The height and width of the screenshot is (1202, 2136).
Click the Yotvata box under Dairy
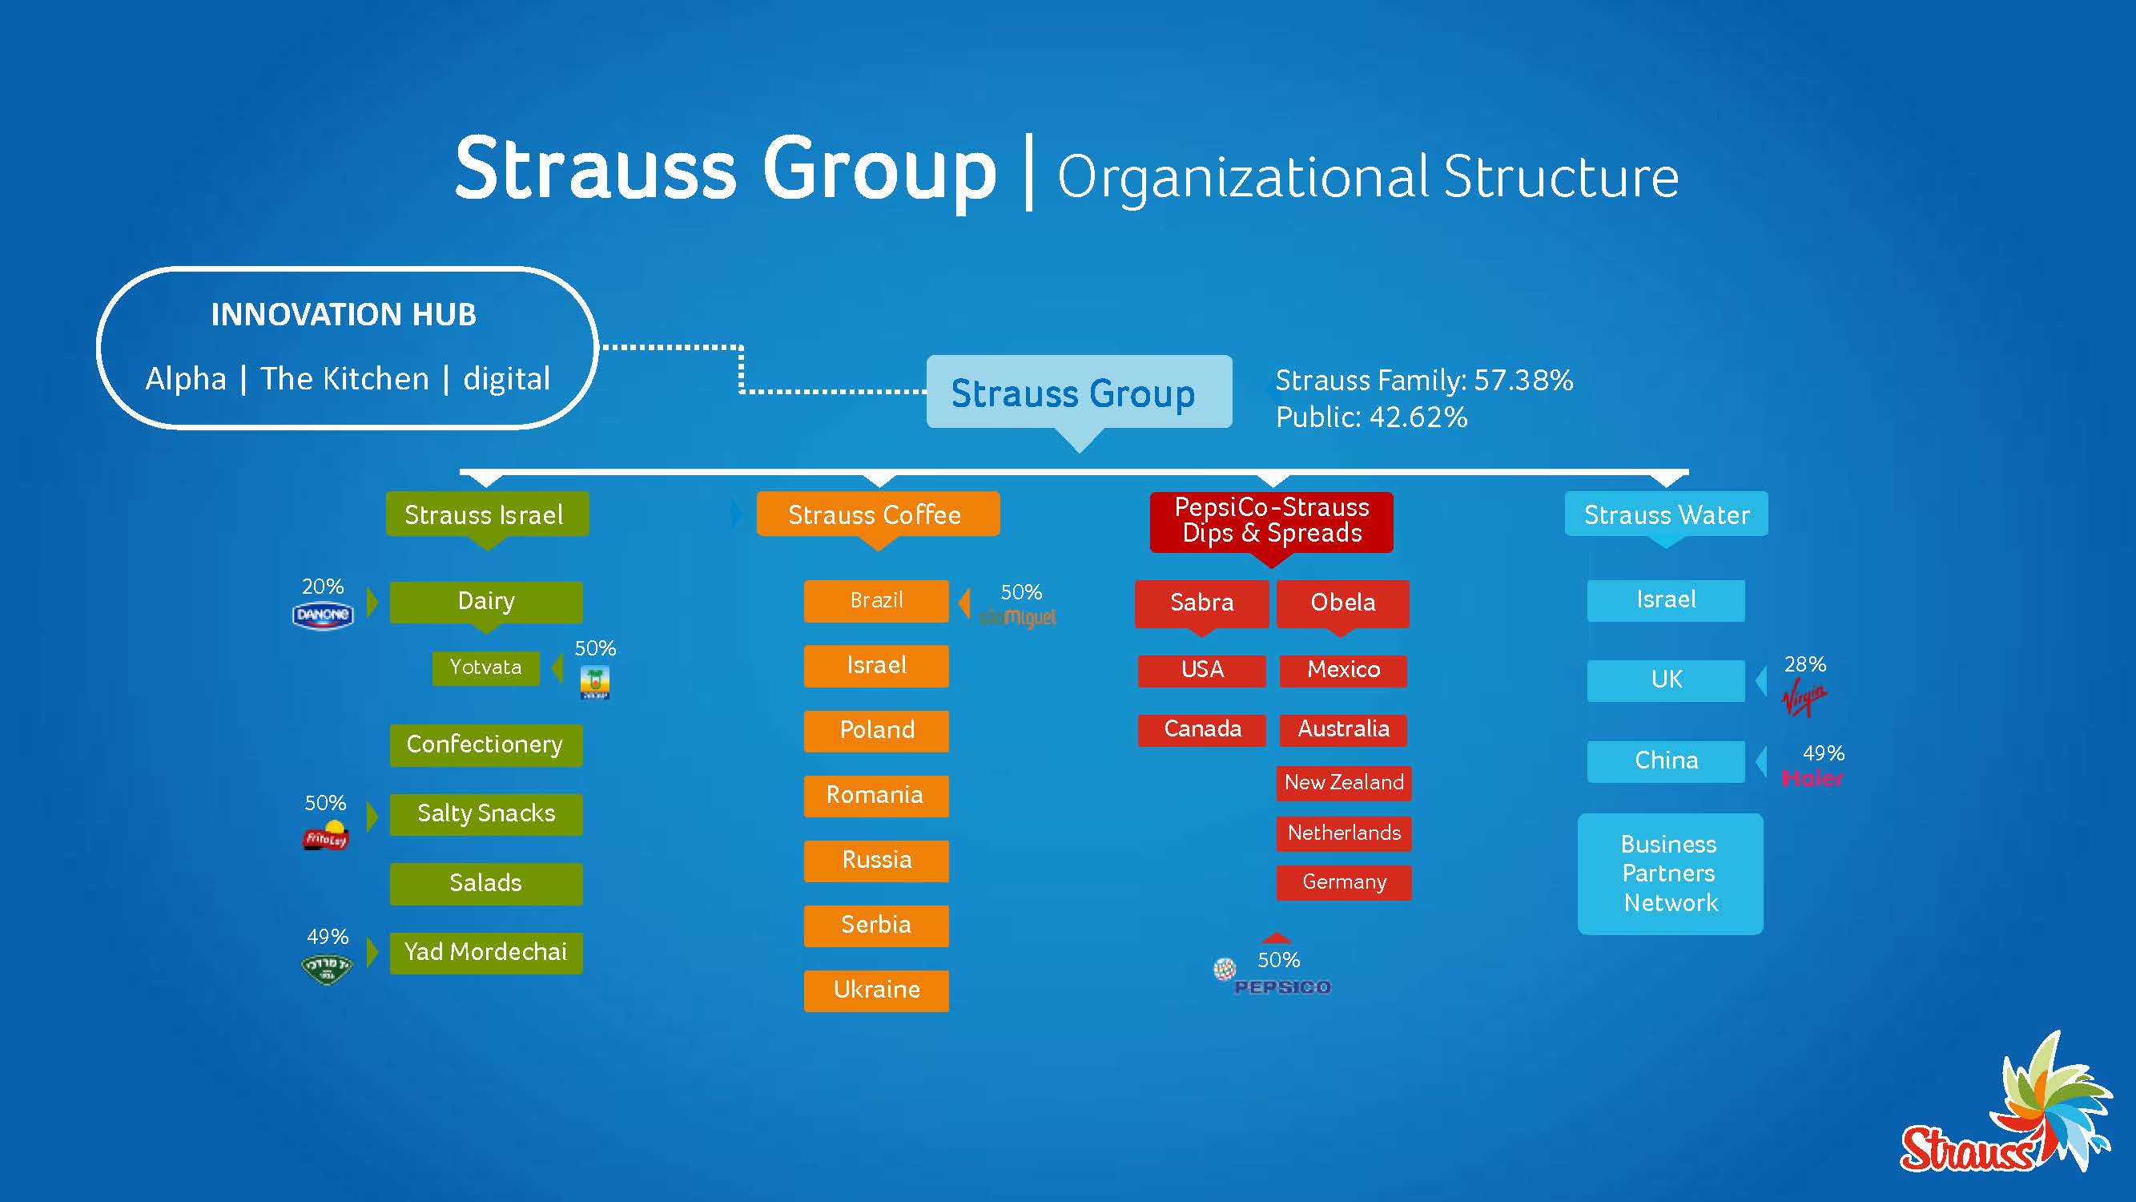click(486, 667)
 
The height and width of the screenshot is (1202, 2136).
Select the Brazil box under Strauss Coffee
click(875, 600)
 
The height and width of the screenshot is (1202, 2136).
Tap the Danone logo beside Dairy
click(323, 615)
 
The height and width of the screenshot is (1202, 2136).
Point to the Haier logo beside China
click(1812, 778)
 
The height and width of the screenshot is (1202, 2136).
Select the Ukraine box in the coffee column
click(875, 990)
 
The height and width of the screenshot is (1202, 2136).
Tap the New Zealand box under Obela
click(1343, 782)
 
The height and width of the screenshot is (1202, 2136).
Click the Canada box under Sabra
click(1201, 729)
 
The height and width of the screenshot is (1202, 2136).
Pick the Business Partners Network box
click(1670, 873)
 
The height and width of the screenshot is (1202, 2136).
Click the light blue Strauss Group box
click(1078, 393)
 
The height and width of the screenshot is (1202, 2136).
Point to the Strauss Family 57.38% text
click(1423, 380)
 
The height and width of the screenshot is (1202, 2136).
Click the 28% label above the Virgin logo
click(1804, 664)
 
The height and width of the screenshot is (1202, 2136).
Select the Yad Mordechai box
click(486, 952)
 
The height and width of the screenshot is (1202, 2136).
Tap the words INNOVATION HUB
click(344, 314)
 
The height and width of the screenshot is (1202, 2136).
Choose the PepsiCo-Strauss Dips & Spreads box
click(1271, 521)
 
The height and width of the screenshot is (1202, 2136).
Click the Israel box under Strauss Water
click(1665, 599)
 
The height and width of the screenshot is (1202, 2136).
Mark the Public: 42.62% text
click(1370, 417)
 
